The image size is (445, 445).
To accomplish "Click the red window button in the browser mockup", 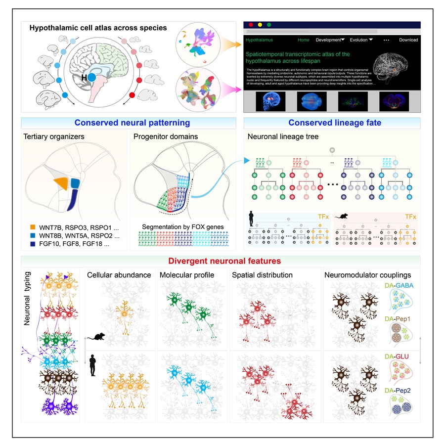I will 251,24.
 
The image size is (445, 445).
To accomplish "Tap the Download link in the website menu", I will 408,40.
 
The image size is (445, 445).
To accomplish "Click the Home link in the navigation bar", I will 303,40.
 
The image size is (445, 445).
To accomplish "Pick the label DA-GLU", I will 395,355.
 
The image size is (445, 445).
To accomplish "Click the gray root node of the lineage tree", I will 333,149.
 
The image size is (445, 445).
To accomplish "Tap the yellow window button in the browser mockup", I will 260,24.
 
